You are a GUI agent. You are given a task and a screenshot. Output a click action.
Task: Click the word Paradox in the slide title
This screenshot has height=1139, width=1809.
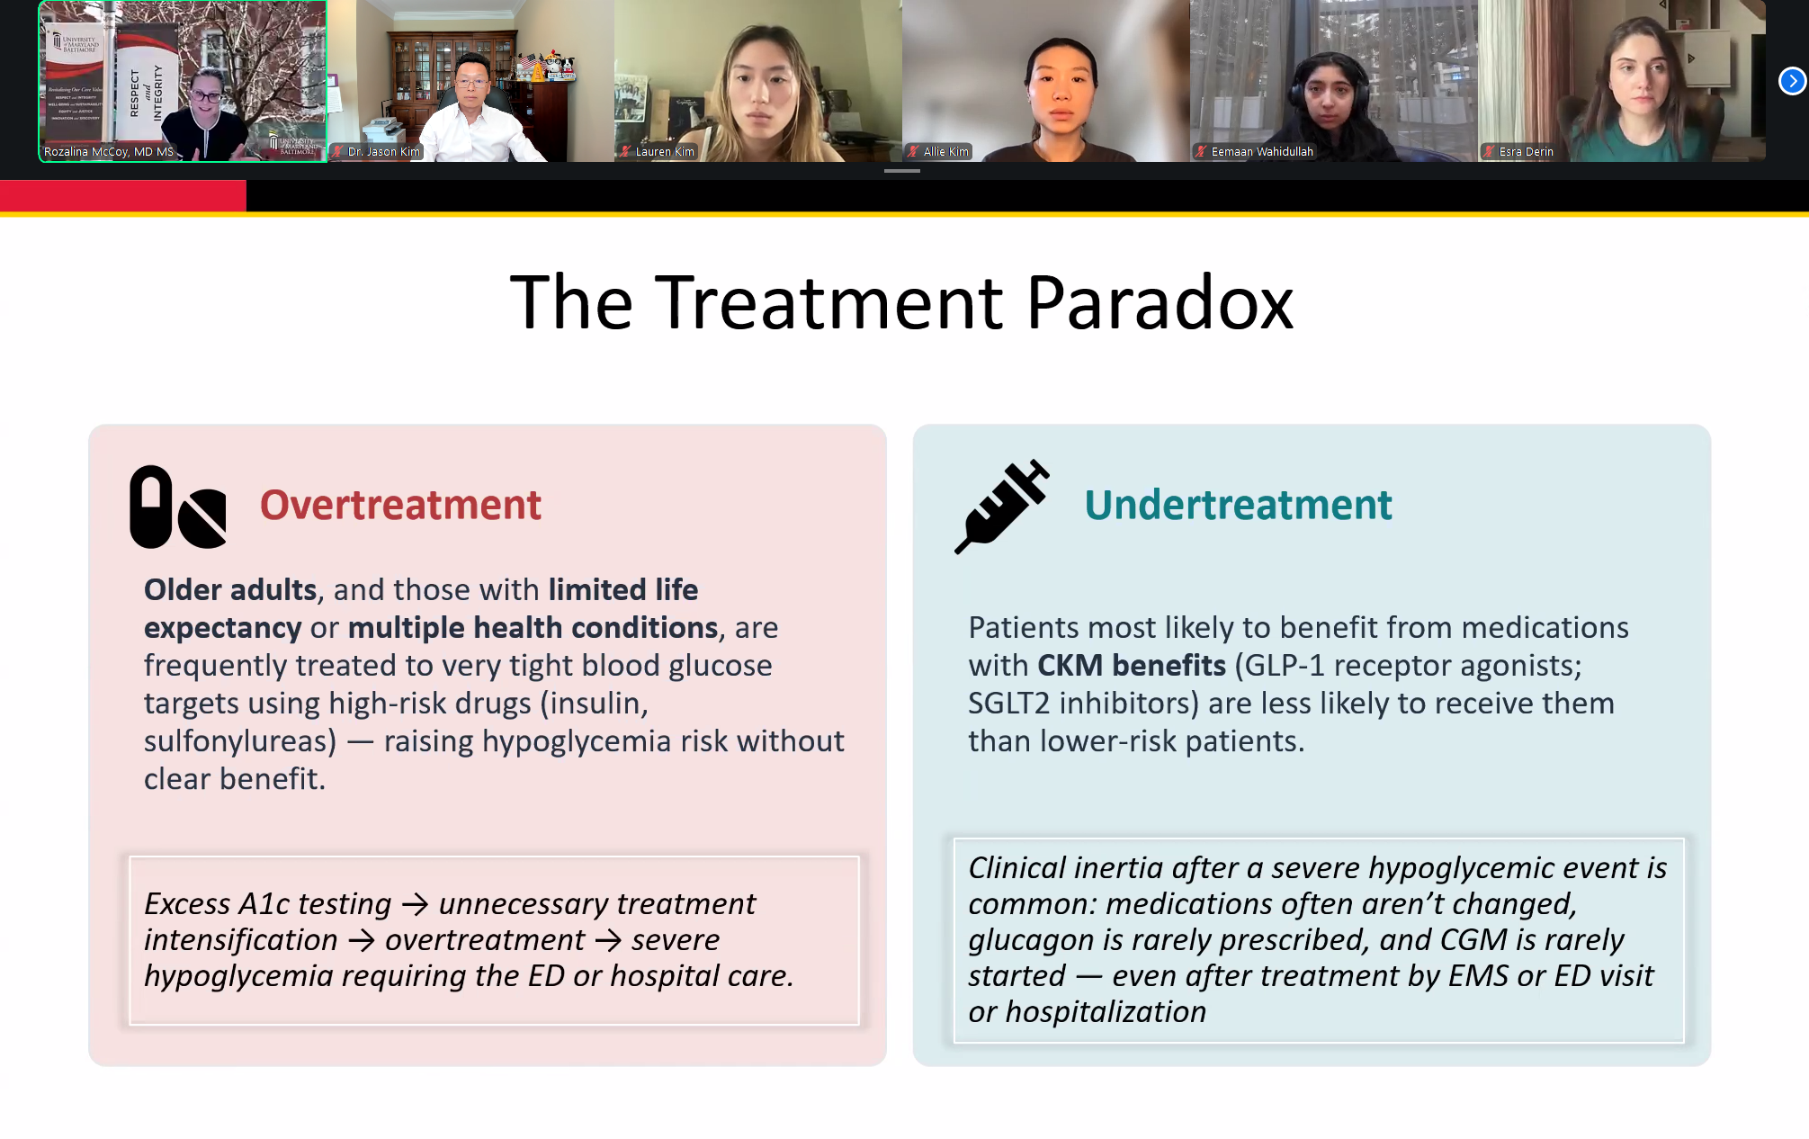1160,303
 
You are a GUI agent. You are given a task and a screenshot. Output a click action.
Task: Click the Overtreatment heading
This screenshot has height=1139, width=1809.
400,505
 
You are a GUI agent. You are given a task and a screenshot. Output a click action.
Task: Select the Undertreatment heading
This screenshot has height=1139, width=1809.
1238,505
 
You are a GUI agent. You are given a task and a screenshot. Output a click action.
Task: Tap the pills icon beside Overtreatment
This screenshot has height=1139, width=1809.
178,507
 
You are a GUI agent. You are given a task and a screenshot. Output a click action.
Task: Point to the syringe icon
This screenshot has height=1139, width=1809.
1002,507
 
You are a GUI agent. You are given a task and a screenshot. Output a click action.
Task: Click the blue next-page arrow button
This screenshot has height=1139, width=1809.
1792,81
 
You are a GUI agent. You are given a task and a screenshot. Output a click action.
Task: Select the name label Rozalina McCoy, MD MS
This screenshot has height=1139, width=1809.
109,151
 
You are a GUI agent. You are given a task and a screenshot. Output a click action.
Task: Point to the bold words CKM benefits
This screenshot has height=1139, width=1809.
1132,666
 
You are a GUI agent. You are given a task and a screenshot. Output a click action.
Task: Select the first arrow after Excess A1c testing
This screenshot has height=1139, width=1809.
415,904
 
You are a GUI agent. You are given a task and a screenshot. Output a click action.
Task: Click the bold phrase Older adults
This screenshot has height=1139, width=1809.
230,590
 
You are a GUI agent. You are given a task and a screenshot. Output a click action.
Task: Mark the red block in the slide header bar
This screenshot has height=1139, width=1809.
123,195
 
